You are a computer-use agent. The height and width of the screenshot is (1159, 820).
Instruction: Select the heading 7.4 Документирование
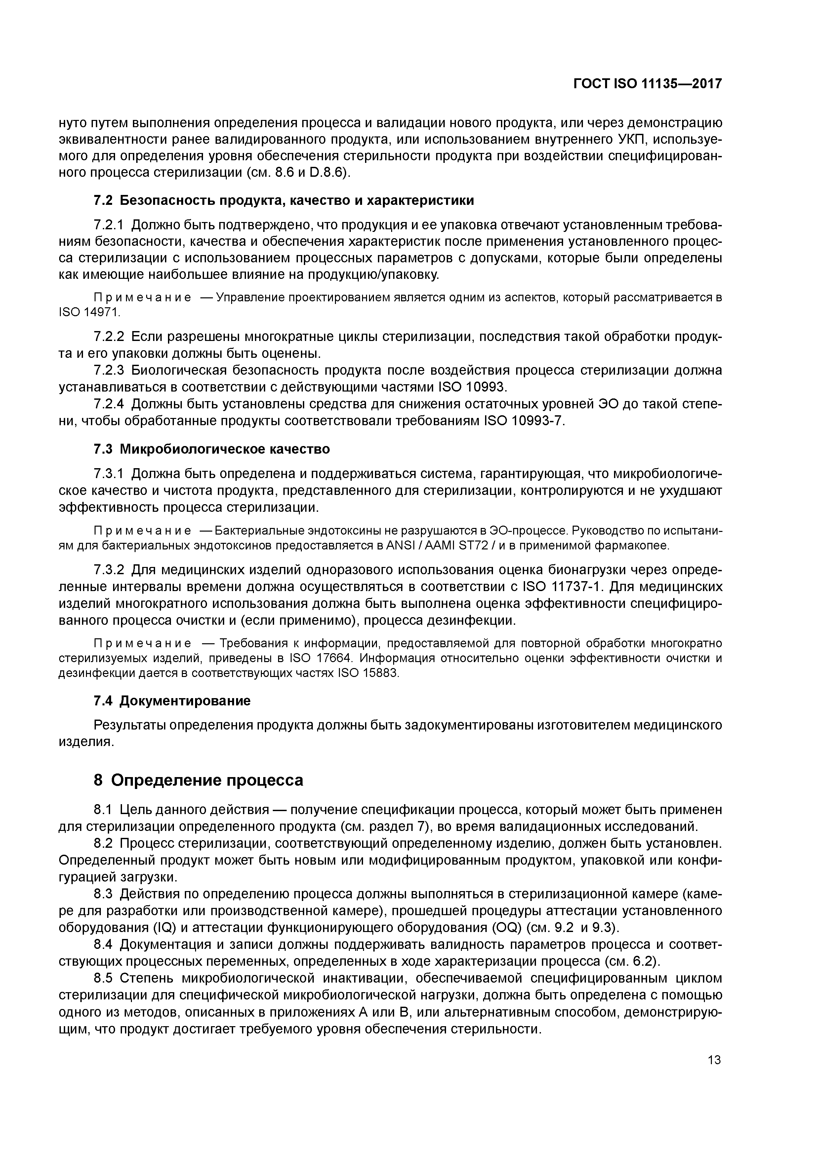click(172, 701)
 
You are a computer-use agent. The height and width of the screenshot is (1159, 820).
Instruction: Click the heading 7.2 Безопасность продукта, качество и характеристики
click(284, 201)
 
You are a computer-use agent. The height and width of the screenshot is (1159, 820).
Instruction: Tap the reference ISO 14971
click(89, 313)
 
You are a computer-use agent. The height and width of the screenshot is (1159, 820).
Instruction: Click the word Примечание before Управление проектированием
click(143, 297)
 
